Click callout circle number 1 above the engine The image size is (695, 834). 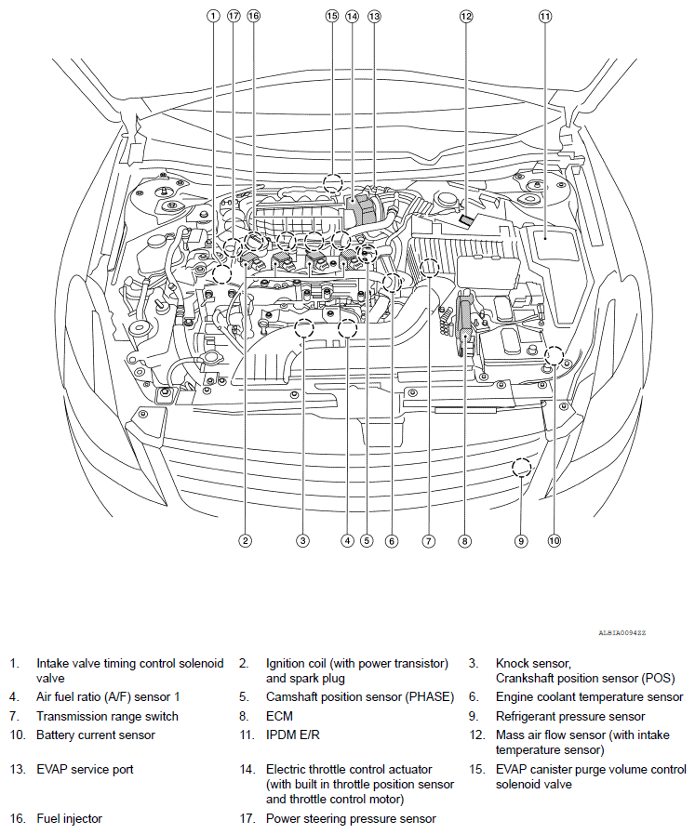click(213, 16)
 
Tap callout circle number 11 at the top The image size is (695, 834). click(544, 16)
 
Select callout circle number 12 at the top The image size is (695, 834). click(466, 16)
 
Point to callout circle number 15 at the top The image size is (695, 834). click(332, 16)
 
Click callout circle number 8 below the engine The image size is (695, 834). click(463, 540)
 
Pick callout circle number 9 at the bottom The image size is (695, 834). click(521, 540)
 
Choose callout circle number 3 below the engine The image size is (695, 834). click(302, 540)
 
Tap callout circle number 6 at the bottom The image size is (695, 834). click(392, 540)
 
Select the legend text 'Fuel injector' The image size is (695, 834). click(69, 819)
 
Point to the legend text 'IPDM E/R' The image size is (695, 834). click(292, 735)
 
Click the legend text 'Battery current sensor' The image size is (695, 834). click(96, 735)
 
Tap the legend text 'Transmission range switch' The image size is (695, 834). click(107, 716)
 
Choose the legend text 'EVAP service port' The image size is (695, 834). click(85, 769)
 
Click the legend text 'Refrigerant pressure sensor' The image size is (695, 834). click(569, 716)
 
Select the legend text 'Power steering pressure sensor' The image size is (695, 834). click(351, 819)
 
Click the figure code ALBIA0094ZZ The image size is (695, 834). click(622, 632)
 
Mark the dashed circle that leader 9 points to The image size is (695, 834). click(521, 467)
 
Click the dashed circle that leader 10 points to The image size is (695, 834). click(554, 354)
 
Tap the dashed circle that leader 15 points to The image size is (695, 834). click(333, 181)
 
